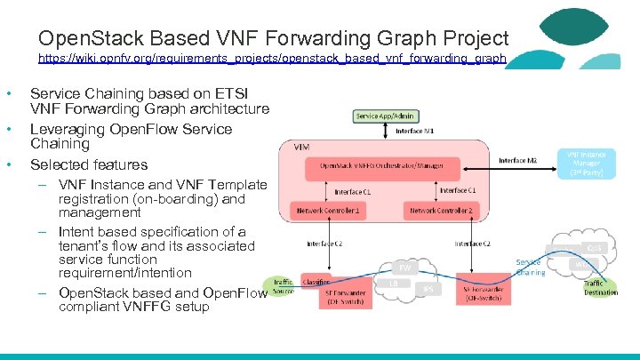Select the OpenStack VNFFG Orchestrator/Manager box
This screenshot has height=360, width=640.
pyautogui.click(x=382, y=166)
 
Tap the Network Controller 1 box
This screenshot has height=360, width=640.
pyautogui.click(x=329, y=211)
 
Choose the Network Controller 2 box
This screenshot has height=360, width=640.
pyautogui.click(x=440, y=211)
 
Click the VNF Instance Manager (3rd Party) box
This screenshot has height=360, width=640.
pyautogui.click(x=585, y=164)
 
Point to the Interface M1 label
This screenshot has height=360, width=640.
pyautogui.click(x=417, y=130)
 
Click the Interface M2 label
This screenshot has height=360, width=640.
pyautogui.click(x=517, y=161)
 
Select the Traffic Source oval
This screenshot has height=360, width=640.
pyautogui.click(x=283, y=286)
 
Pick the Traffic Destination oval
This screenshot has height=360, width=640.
pyautogui.click(x=601, y=288)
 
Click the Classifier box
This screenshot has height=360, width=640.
pyautogui.click(x=316, y=282)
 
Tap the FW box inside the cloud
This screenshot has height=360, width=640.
pyautogui.click(x=404, y=268)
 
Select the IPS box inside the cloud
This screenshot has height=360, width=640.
pyautogui.click(x=428, y=288)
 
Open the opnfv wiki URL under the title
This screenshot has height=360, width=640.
pyautogui.click(x=272, y=59)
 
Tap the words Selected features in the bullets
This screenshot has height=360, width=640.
pyautogui.click(x=89, y=164)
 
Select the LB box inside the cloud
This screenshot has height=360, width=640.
pyautogui.click(x=393, y=283)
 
